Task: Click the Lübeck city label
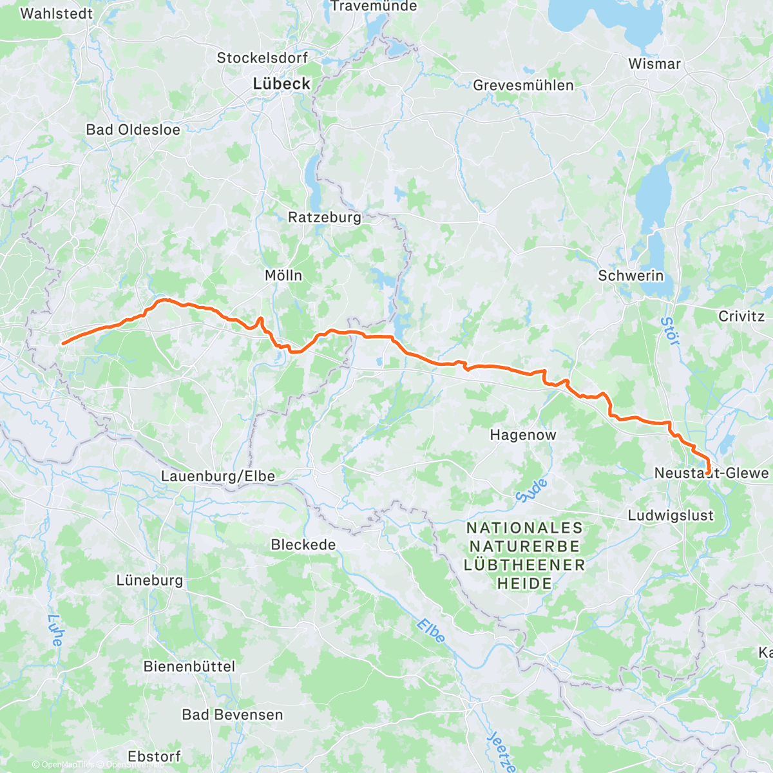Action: pos(282,84)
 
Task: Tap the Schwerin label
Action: pos(631,276)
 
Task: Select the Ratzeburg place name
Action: pos(325,218)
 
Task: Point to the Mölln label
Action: pos(283,276)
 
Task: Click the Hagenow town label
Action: pos(522,435)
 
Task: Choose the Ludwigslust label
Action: pos(671,515)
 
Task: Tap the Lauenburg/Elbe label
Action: pos(218,477)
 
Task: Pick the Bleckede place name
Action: pos(303,545)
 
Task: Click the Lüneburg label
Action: pos(149,580)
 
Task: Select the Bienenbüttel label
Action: pos(189,667)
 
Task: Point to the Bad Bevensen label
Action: pos(233,715)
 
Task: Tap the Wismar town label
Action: pos(654,64)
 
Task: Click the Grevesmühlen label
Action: pos(523,86)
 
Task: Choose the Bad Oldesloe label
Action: pos(133,129)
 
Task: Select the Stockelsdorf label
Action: pos(262,58)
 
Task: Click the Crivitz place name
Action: pos(741,316)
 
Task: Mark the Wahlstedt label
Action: pos(57,14)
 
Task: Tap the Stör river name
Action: pos(670,331)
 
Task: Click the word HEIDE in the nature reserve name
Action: pos(524,584)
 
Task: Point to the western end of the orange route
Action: pos(62,343)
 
